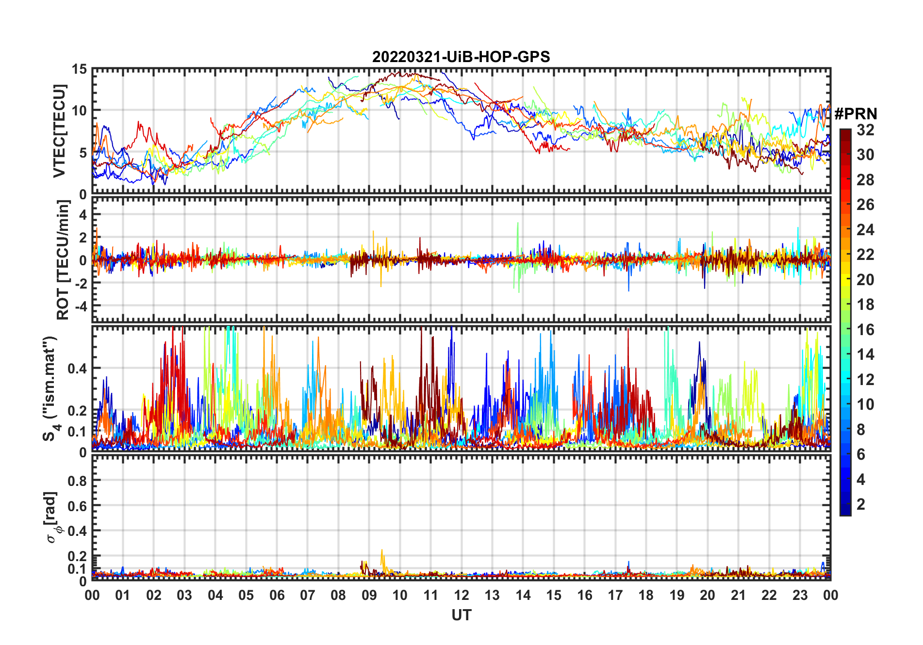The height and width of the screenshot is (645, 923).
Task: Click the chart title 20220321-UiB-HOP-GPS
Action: coord(461,57)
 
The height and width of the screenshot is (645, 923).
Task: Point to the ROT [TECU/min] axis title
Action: coord(63,259)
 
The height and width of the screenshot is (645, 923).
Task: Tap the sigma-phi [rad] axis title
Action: coord(52,517)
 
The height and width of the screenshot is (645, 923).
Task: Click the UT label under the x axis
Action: coord(461,615)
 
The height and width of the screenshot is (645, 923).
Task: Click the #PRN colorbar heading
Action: coord(856,114)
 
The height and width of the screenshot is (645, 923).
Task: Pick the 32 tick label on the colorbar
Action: coord(865,130)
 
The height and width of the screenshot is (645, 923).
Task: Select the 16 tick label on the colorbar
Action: coord(865,330)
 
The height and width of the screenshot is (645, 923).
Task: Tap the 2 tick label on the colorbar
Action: coord(861,504)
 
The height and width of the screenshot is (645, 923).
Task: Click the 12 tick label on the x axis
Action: coord(461,595)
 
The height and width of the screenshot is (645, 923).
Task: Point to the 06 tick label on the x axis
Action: coord(277,595)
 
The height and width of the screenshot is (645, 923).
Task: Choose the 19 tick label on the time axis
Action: coord(677,595)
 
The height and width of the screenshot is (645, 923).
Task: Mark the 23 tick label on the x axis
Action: coord(800,595)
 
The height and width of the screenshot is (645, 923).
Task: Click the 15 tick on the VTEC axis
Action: coord(79,69)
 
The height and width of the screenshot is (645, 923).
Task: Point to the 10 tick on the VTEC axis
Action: coord(79,111)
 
